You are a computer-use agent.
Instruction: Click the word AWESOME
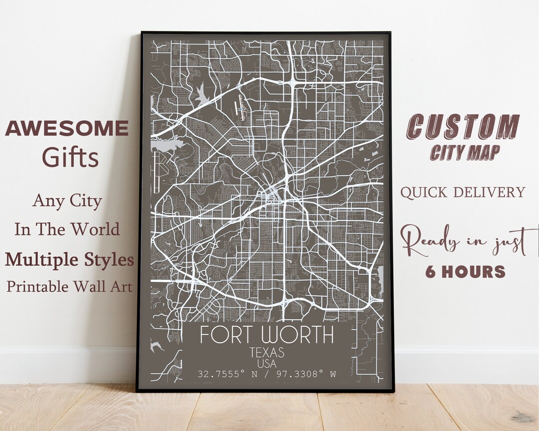click(67, 129)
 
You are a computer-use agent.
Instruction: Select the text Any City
click(67, 201)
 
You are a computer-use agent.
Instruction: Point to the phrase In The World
click(67, 229)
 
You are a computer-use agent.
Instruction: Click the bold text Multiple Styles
click(69, 259)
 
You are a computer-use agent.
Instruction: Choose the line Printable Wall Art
click(69, 286)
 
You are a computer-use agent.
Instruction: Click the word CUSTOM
click(463, 127)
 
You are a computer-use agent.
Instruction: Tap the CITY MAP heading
click(465, 152)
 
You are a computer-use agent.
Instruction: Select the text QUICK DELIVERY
click(463, 192)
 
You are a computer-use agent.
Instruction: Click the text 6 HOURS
click(465, 272)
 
